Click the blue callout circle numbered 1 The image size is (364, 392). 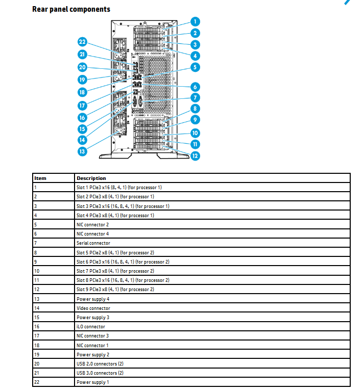[195, 21]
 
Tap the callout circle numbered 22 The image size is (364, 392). [82, 42]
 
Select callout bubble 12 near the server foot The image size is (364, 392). [195, 156]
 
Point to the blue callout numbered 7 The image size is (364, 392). [195, 98]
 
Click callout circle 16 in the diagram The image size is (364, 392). [82, 118]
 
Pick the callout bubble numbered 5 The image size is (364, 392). [195, 67]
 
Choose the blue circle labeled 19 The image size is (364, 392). [82, 80]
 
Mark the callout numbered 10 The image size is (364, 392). [195, 133]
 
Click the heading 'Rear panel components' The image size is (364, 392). [71, 9]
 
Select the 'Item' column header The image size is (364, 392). [40, 178]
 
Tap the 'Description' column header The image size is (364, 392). [91, 178]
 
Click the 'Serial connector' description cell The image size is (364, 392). [93, 243]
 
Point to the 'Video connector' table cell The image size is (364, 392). [93, 308]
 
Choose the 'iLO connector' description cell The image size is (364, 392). [91, 327]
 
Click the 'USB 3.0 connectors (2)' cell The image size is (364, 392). [100, 373]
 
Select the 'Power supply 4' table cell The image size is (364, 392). [93, 299]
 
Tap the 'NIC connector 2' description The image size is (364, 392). [92, 225]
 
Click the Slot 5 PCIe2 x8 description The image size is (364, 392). [115, 252]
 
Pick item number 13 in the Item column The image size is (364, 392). [37, 299]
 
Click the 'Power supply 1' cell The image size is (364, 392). [92, 382]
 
